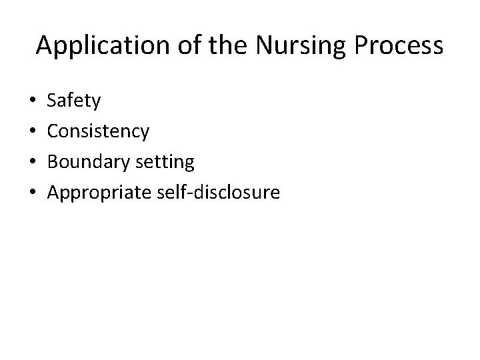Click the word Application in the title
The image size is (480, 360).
coord(96,45)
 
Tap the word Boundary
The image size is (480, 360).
coord(86,162)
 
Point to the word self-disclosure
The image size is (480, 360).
coord(217,192)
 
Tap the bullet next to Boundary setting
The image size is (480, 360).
coord(33,162)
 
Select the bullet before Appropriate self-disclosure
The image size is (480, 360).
coord(33,193)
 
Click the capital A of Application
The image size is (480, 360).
coord(45,45)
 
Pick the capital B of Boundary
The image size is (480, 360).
coord(53,162)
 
